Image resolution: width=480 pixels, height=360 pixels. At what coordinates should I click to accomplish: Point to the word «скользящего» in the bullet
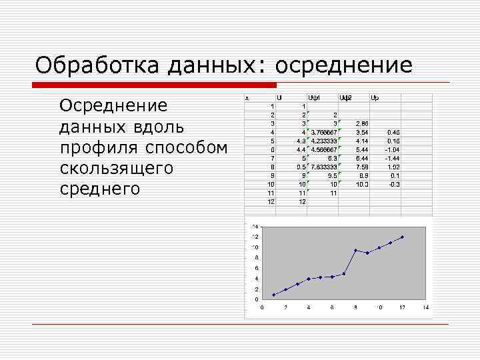click(116, 168)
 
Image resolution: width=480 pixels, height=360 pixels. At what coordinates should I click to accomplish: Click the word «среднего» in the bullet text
click(100, 189)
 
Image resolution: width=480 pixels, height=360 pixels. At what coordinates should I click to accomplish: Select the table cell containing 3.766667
click(324, 132)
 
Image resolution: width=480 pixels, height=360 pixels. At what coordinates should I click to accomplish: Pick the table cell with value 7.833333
click(324, 167)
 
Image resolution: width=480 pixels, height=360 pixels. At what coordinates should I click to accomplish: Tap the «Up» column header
click(375, 97)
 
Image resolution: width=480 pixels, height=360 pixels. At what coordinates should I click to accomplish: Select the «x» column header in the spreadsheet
click(247, 97)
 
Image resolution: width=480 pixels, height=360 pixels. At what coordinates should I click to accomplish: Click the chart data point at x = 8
click(355, 251)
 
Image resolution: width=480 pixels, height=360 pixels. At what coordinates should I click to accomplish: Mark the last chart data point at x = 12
click(403, 237)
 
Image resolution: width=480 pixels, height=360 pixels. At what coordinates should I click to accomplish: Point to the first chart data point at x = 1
click(273, 295)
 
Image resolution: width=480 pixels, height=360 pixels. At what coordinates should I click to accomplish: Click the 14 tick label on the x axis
click(425, 307)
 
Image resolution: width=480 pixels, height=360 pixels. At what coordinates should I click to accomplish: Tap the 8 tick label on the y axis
click(255, 257)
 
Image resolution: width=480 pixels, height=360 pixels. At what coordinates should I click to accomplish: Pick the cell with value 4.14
click(362, 141)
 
